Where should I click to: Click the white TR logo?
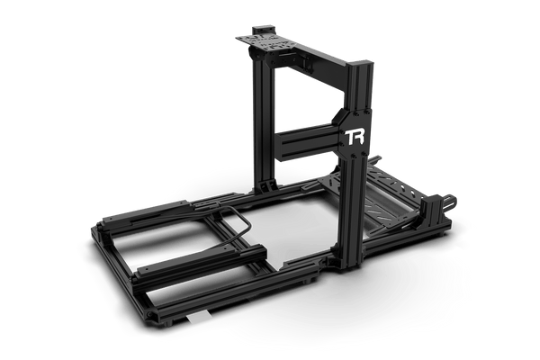pos(355,138)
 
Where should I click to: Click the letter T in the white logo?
pos(348,137)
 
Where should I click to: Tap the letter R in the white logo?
pos(359,138)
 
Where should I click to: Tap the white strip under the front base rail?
pos(199,316)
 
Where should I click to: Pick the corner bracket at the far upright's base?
pos(267,186)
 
